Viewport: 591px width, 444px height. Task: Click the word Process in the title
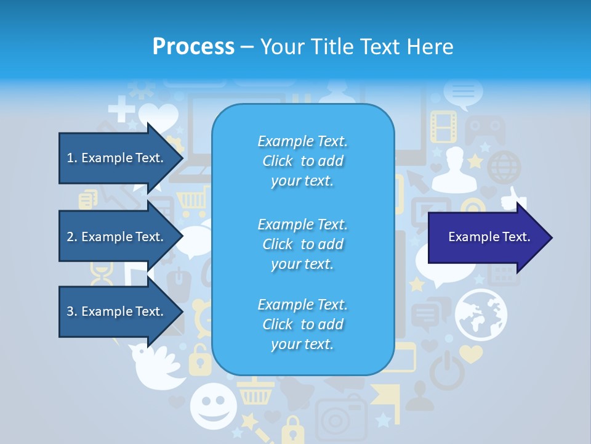pyautogui.click(x=193, y=46)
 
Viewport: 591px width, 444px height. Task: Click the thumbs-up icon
pyautogui.click(x=512, y=199)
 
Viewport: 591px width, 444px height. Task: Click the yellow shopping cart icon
pyautogui.click(x=194, y=200)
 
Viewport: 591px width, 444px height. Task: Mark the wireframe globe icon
pyautogui.click(x=504, y=167)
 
